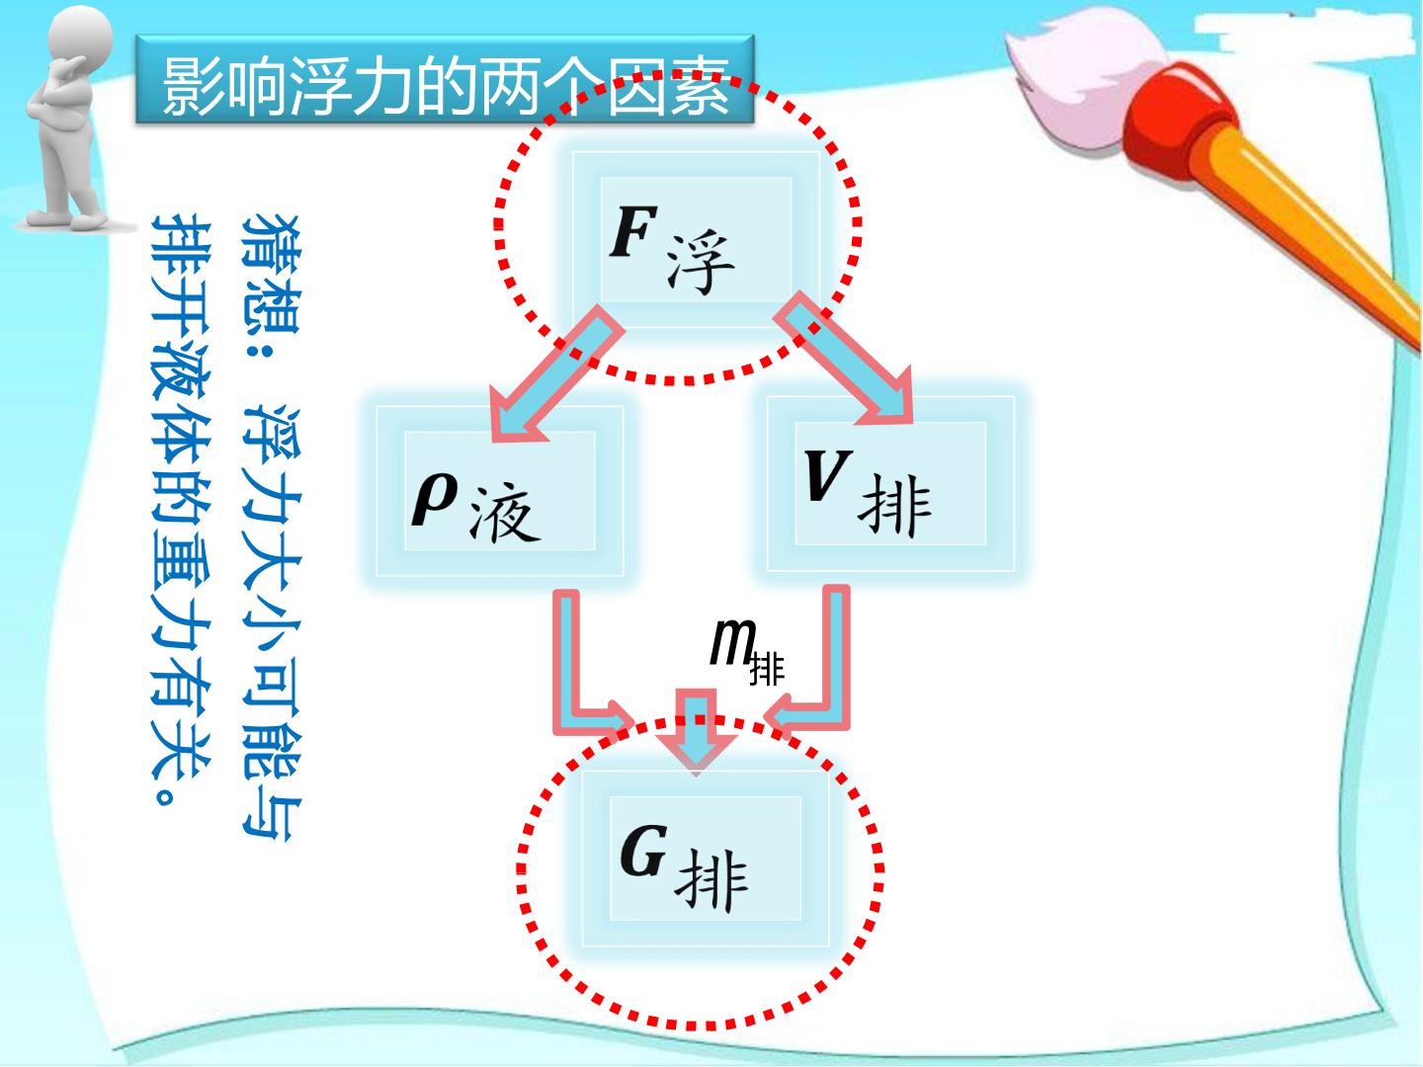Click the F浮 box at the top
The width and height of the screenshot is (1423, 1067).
697,240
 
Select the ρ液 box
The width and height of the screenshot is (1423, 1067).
500,490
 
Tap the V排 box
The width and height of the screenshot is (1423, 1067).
890,483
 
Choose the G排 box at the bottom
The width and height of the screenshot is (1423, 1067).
706,858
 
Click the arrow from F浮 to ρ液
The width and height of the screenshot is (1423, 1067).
555,375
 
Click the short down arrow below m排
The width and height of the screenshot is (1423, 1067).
697,732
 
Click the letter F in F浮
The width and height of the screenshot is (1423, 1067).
634,230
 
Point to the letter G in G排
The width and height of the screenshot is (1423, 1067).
643,850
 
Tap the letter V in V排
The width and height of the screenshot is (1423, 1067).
827,475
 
